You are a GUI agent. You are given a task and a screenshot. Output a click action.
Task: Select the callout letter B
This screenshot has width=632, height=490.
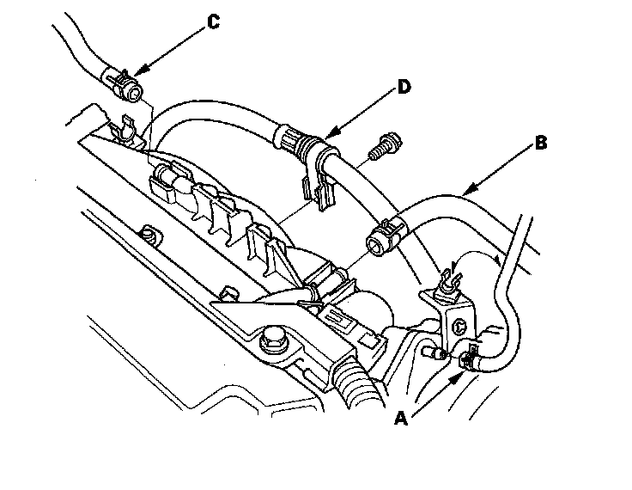pyautogui.click(x=539, y=144)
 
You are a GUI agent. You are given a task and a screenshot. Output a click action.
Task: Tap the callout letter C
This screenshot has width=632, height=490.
pyautogui.click(x=213, y=22)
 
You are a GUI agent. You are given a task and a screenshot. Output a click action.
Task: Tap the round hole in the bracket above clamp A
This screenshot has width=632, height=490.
pyautogui.click(x=460, y=325)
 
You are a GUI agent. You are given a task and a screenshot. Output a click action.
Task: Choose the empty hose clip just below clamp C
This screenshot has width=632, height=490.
pyautogui.click(x=125, y=129)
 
